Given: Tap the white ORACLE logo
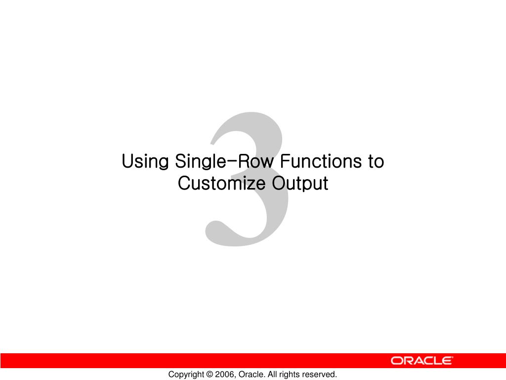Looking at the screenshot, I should pos(422,361).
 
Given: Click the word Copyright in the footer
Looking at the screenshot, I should pos(186,375).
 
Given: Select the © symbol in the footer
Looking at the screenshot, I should pos(210,375).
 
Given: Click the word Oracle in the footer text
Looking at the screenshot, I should pos(252,375).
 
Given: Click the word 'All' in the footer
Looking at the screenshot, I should pos(273,375).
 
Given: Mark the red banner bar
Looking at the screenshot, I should pos(198,360).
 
